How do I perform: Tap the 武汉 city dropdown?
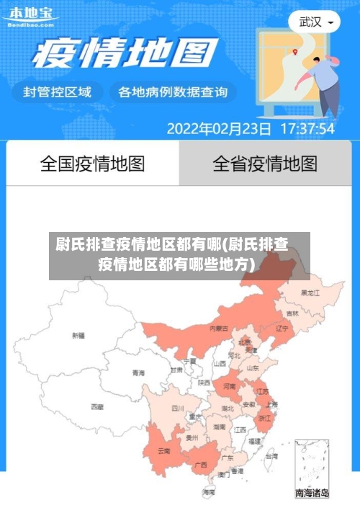click(x=315, y=22)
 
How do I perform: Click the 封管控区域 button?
click(x=58, y=92)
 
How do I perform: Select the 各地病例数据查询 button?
click(x=173, y=92)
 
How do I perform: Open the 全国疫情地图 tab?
click(x=92, y=164)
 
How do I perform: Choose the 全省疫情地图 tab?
click(x=265, y=164)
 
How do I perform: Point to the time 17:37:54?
click(x=306, y=129)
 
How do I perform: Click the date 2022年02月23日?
click(x=219, y=129)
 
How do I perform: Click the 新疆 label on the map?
click(x=78, y=336)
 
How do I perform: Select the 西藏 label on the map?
click(x=97, y=407)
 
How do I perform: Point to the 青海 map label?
click(x=138, y=373)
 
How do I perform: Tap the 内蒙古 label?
click(x=219, y=328)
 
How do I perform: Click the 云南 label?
click(x=163, y=451)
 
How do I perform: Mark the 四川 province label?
click(x=178, y=409)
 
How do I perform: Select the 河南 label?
click(x=229, y=387)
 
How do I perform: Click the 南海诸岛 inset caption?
click(x=312, y=494)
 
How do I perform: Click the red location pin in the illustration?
click(x=295, y=51)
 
